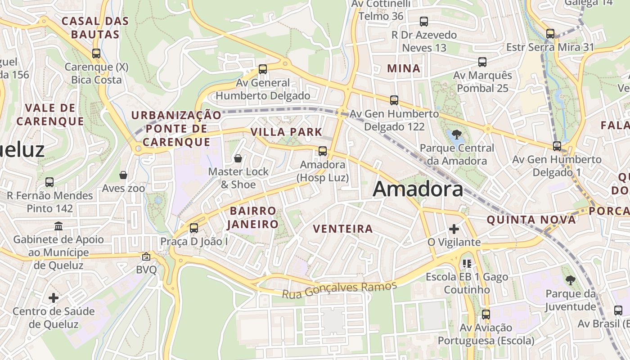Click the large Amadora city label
coord(418,189)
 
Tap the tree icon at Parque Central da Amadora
coord(456,134)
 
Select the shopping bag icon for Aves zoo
coord(123,175)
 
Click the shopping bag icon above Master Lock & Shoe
coord(238,158)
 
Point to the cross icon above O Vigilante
coord(454,229)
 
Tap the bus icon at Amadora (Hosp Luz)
coord(323,151)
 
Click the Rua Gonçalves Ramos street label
coord(340,289)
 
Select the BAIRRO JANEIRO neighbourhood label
coord(252,217)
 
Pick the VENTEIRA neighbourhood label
coord(343,229)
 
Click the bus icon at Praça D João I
coord(194,228)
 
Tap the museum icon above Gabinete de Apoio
coord(58,226)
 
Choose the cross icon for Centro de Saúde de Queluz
coord(54,297)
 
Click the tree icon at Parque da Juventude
coord(570,280)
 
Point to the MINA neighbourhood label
coord(404,69)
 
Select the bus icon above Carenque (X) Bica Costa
coord(96,54)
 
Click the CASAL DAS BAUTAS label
coord(95,27)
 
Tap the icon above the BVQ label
coord(146,256)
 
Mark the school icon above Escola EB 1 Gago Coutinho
coord(467,263)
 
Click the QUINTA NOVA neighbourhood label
coord(531,220)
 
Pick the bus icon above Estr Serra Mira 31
coord(550,34)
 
